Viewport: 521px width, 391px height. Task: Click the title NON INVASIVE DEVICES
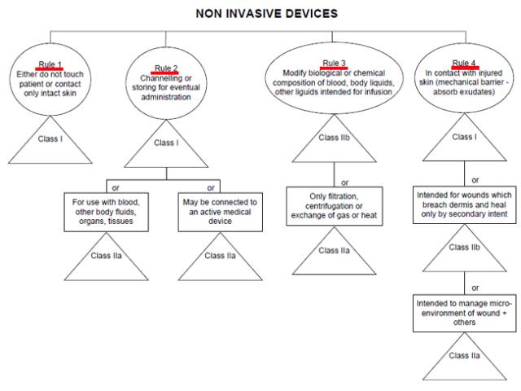(x=255, y=14)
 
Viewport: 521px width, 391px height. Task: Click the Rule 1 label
(x=51, y=64)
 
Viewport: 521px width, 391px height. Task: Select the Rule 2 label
(x=167, y=68)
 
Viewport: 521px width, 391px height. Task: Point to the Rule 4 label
(x=464, y=63)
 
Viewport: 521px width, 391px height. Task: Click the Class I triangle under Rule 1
(x=50, y=140)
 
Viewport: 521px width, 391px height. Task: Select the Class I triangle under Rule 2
(x=167, y=144)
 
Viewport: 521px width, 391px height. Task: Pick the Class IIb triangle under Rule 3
(x=334, y=139)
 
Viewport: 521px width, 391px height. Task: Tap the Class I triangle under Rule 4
(x=465, y=139)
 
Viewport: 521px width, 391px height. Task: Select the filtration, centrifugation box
(x=334, y=207)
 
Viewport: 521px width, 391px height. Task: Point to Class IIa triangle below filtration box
(x=334, y=252)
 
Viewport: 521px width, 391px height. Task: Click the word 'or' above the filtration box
(x=344, y=182)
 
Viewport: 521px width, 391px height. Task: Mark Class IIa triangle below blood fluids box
(x=107, y=257)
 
